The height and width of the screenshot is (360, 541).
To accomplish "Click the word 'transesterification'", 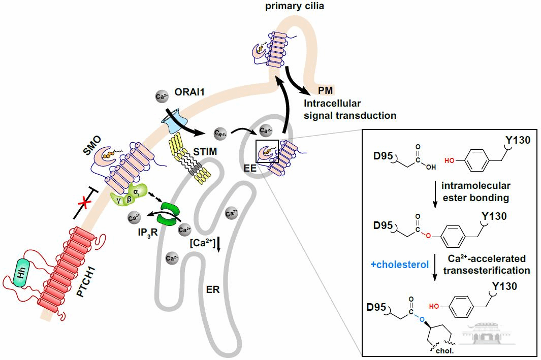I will [487, 271].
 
